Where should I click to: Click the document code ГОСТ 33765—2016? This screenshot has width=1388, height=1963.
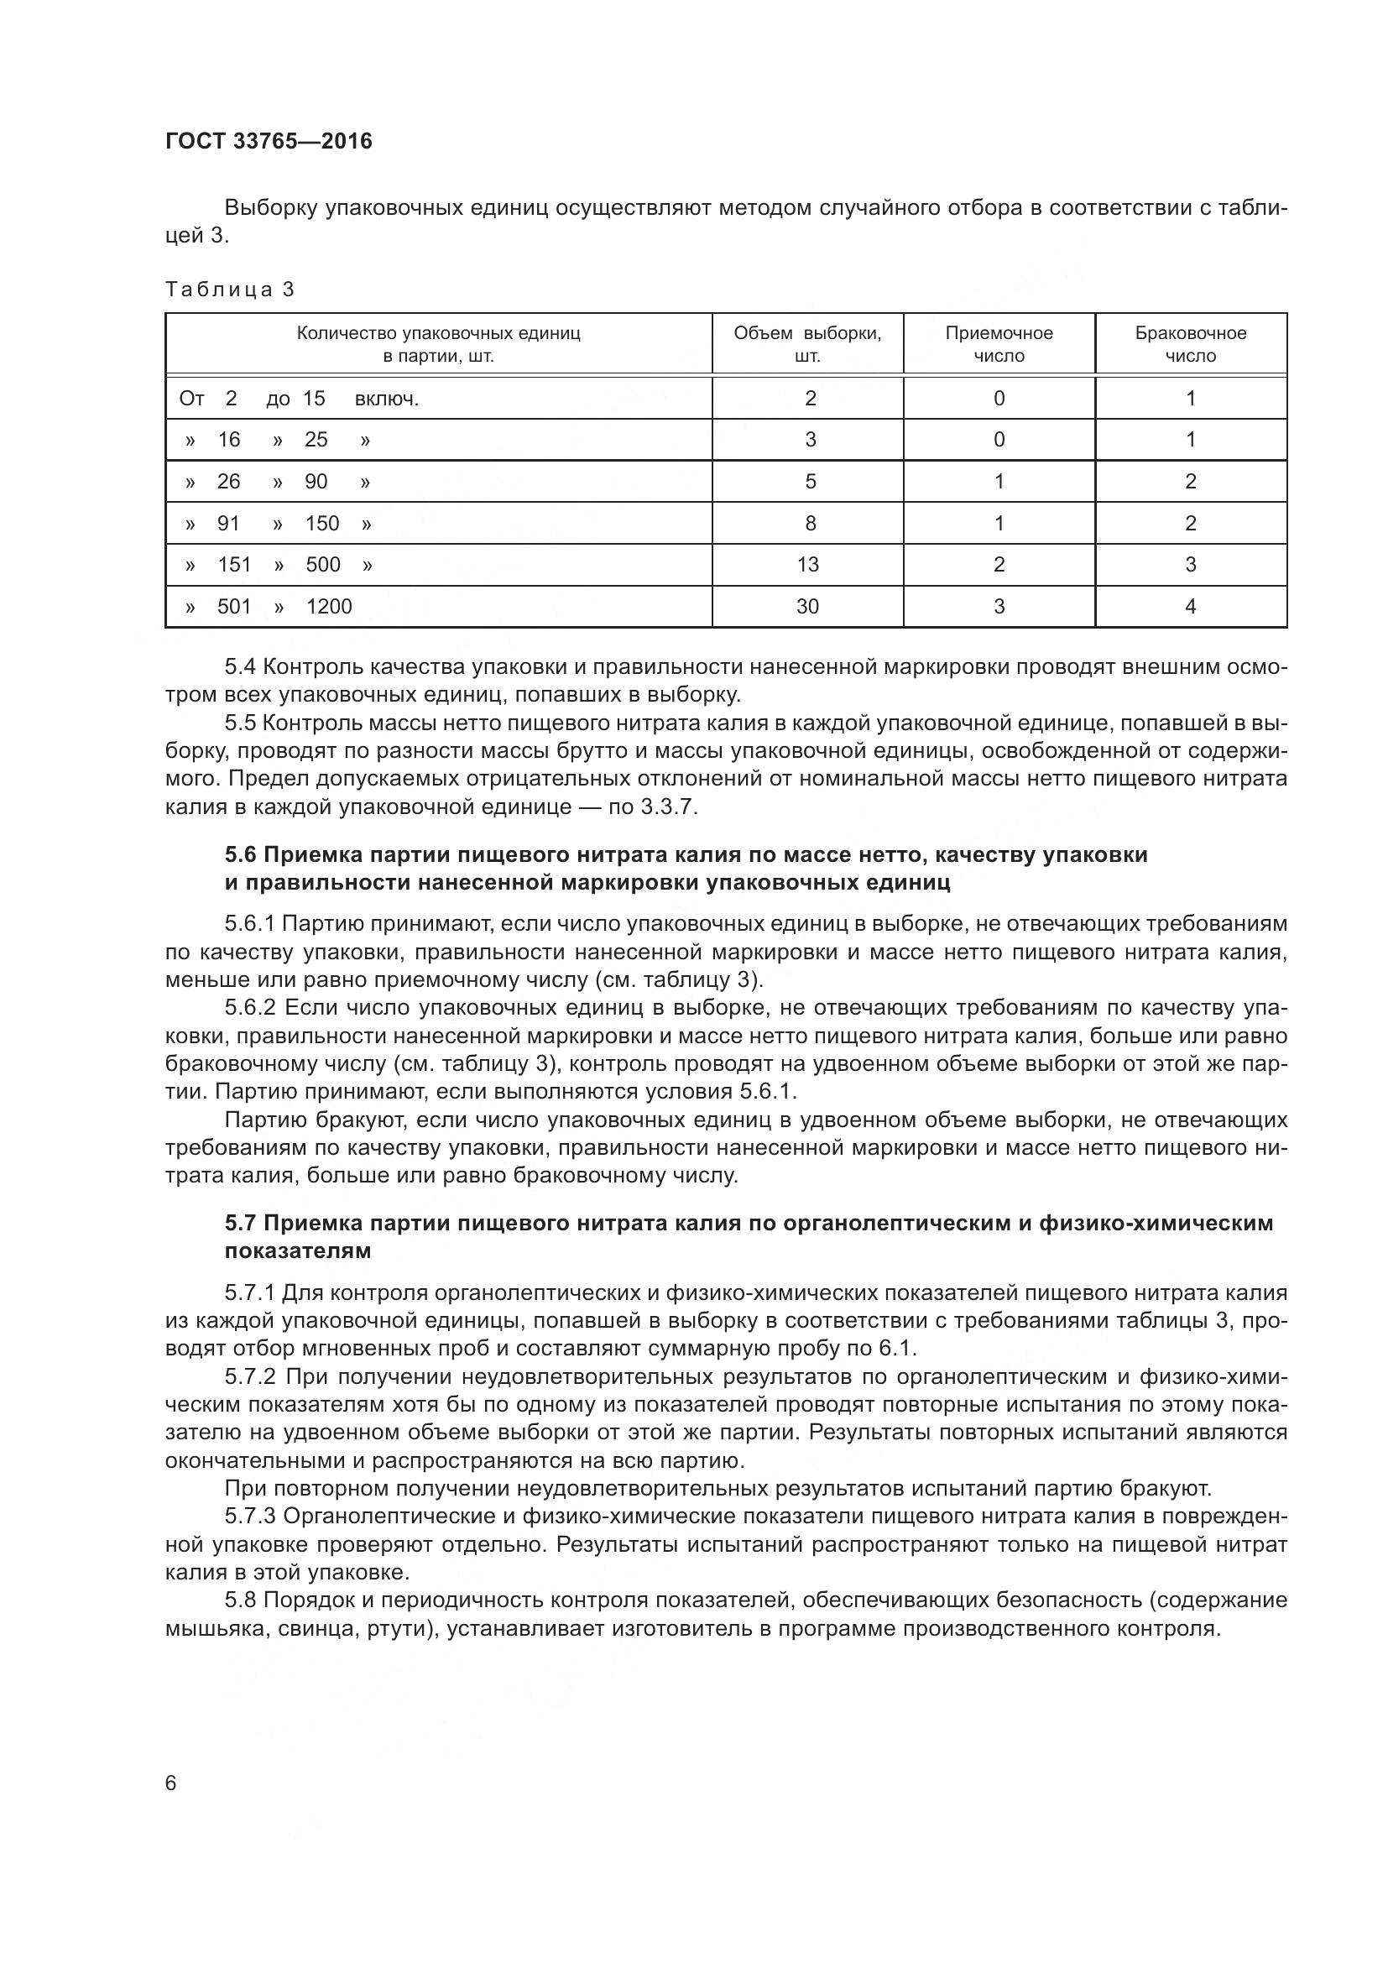[x=269, y=142]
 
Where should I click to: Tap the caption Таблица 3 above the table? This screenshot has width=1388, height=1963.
[x=229, y=290]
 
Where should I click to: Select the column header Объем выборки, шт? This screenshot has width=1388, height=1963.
[x=806, y=344]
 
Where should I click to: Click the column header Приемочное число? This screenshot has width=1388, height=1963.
[x=999, y=344]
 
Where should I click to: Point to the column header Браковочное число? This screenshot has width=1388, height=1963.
[x=1190, y=344]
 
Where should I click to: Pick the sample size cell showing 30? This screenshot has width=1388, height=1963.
[x=806, y=606]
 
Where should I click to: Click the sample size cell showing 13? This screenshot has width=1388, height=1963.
[x=806, y=564]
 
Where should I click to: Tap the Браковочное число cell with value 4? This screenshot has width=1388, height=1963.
[x=1190, y=606]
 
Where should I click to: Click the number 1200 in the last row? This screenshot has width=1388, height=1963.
[x=329, y=606]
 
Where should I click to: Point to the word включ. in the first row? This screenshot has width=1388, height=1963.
[x=386, y=399]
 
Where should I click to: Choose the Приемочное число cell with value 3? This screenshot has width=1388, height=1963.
[x=999, y=606]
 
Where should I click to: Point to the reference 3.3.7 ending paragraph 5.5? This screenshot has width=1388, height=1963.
[x=667, y=807]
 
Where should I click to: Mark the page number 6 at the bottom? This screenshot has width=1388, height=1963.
[x=171, y=1783]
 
